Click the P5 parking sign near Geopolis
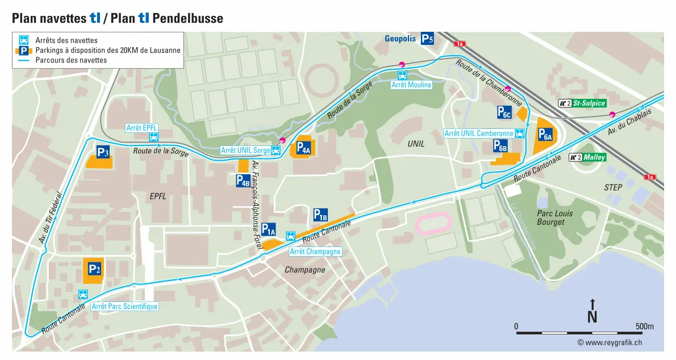(x=427, y=39)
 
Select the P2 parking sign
(x=94, y=269)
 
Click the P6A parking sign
(x=545, y=135)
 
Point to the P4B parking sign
(x=243, y=181)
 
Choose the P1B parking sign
(x=320, y=215)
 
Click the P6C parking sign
(x=504, y=112)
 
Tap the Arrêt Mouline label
(x=411, y=85)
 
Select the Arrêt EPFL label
(x=141, y=128)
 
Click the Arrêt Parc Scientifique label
(x=124, y=307)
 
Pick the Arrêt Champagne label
(x=315, y=252)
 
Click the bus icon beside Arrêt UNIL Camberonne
(x=519, y=133)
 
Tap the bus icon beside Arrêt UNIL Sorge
(x=276, y=150)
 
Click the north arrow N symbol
(x=592, y=312)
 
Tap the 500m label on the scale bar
(x=644, y=326)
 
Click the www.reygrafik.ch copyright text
(x=610, y=342)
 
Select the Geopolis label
(x=401, y=39)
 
